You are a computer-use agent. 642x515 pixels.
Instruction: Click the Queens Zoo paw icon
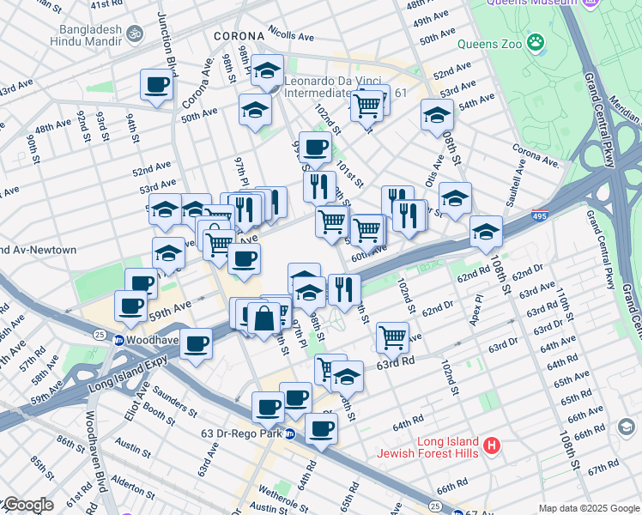tap(536, 41)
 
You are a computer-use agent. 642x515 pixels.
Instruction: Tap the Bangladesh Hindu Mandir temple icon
tap(134, 34)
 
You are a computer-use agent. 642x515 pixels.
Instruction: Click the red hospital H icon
tap(491, 445)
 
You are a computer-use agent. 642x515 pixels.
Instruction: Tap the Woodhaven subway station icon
tap(118, 340)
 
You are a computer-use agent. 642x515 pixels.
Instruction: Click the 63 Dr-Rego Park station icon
tap(290, 433)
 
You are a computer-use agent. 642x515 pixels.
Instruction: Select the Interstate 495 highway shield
tap(540, 212)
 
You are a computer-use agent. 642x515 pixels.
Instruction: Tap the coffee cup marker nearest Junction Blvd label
tap(158, 85)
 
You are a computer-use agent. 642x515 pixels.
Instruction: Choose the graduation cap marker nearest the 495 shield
tap(486, 231)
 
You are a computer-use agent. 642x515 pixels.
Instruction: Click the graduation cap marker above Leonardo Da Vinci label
tap(268, 71)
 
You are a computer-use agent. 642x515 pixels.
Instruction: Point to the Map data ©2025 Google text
tap(589, 508)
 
